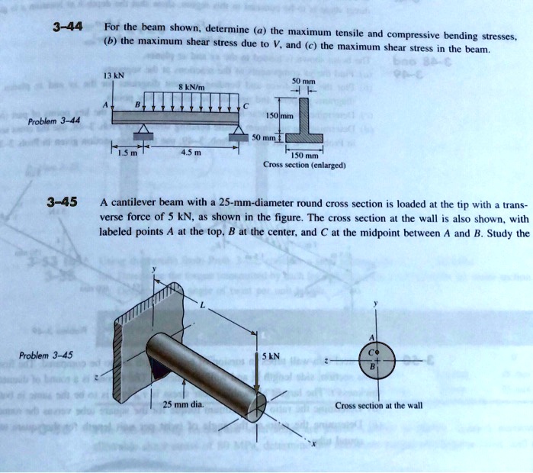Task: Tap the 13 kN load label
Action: pyautogui.click(x=110, y=76)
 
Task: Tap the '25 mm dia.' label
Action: pyautogui.click(x=182, y=404)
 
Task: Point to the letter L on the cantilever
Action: pyautogui.click(x=201, y=304)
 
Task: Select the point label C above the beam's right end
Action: pyautogui.click(x=246, y=107)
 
